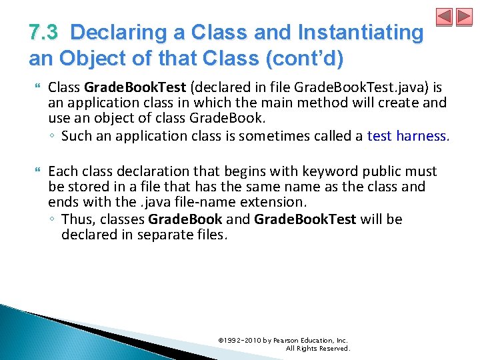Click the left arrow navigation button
(x=445, y=17)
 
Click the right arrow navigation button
(x=463, y=17)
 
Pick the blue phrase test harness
(x=408, y=136)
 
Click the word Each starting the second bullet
(x=63, y=171)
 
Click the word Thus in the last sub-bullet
(x=76, y=219)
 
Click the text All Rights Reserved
(x=317, y=348)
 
